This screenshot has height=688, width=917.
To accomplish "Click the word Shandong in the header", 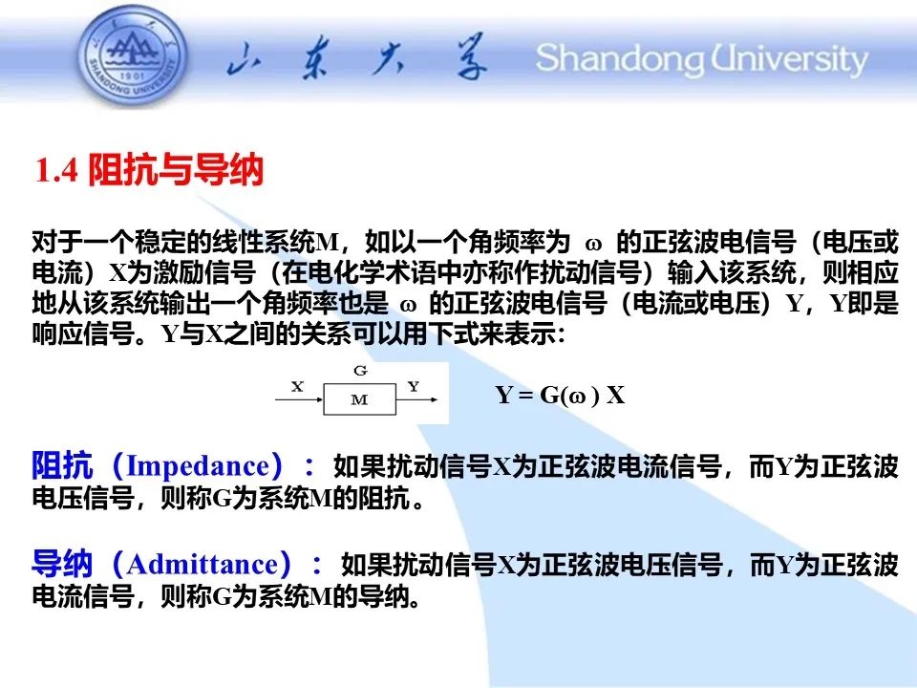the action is (620, 59).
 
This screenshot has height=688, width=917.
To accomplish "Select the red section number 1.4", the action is (56, 170).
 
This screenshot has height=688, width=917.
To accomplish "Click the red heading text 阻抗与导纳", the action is (176, 170).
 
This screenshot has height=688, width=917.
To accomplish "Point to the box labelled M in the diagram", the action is (360, 399).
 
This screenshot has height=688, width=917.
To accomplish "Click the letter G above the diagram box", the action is (360, 371).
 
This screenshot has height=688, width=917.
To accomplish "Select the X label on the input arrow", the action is (298, 386).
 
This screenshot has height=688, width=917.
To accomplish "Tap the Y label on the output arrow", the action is (414, 386).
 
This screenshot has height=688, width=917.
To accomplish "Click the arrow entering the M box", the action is (299, 399).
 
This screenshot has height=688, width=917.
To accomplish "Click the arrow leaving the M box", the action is (417, 399).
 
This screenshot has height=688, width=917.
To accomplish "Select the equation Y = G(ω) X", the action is (561, 395).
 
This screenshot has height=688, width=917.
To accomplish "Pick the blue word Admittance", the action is (203, 565).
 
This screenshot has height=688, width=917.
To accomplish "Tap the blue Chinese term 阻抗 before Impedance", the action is (62, 465).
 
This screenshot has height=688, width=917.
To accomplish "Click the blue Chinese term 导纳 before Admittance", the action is (62, 564).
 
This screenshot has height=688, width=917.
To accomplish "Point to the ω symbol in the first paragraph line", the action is (593, 244).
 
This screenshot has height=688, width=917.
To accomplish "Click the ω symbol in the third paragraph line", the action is (408, 305).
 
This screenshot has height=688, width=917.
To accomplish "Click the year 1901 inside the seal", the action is (132, 76).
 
